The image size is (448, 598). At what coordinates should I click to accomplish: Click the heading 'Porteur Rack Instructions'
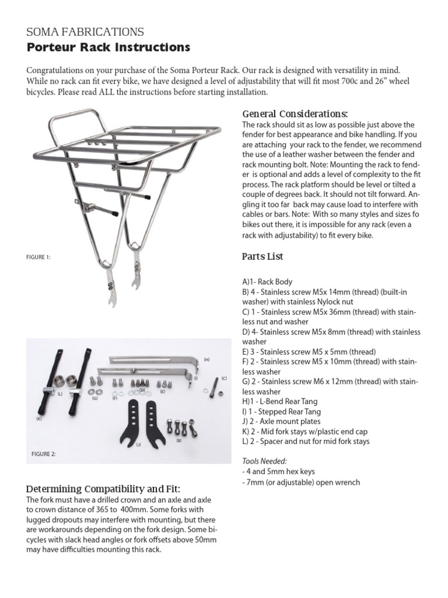coord(108,47)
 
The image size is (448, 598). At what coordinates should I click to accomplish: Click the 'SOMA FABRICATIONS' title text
coord(85,32)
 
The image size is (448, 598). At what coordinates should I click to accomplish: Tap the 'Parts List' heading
coord(262,256)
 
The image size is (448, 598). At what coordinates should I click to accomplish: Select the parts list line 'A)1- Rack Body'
coord(267,281)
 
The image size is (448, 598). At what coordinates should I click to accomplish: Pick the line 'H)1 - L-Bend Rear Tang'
coord(281,402)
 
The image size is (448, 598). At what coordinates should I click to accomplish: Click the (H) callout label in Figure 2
coord(206,359)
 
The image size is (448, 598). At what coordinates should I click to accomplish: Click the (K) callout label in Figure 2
coord(40,419)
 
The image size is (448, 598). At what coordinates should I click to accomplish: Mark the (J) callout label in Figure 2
coord(138,445)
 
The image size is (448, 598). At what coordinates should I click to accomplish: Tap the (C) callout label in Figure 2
coord(223,378)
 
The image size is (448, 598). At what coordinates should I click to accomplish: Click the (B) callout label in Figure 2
coord(179,440)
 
